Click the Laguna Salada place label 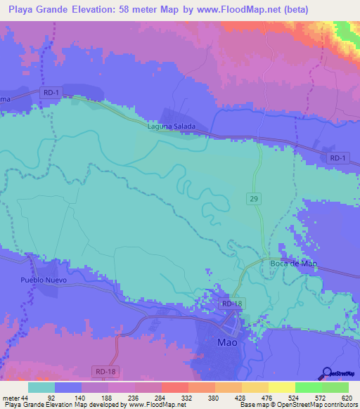click(171, 127)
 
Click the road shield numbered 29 click(255, 200)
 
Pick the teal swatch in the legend click(41, 387)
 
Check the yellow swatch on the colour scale click(281, 387)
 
